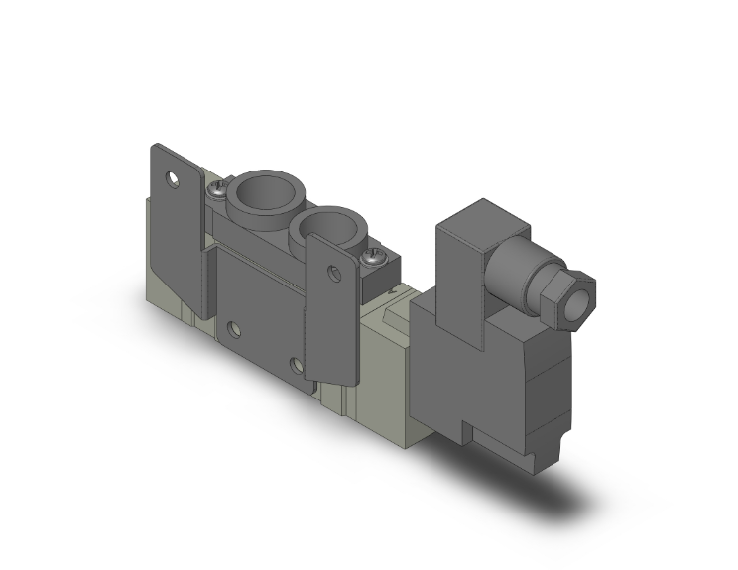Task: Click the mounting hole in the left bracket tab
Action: [176, 181]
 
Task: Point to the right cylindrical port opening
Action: [326, 225]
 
